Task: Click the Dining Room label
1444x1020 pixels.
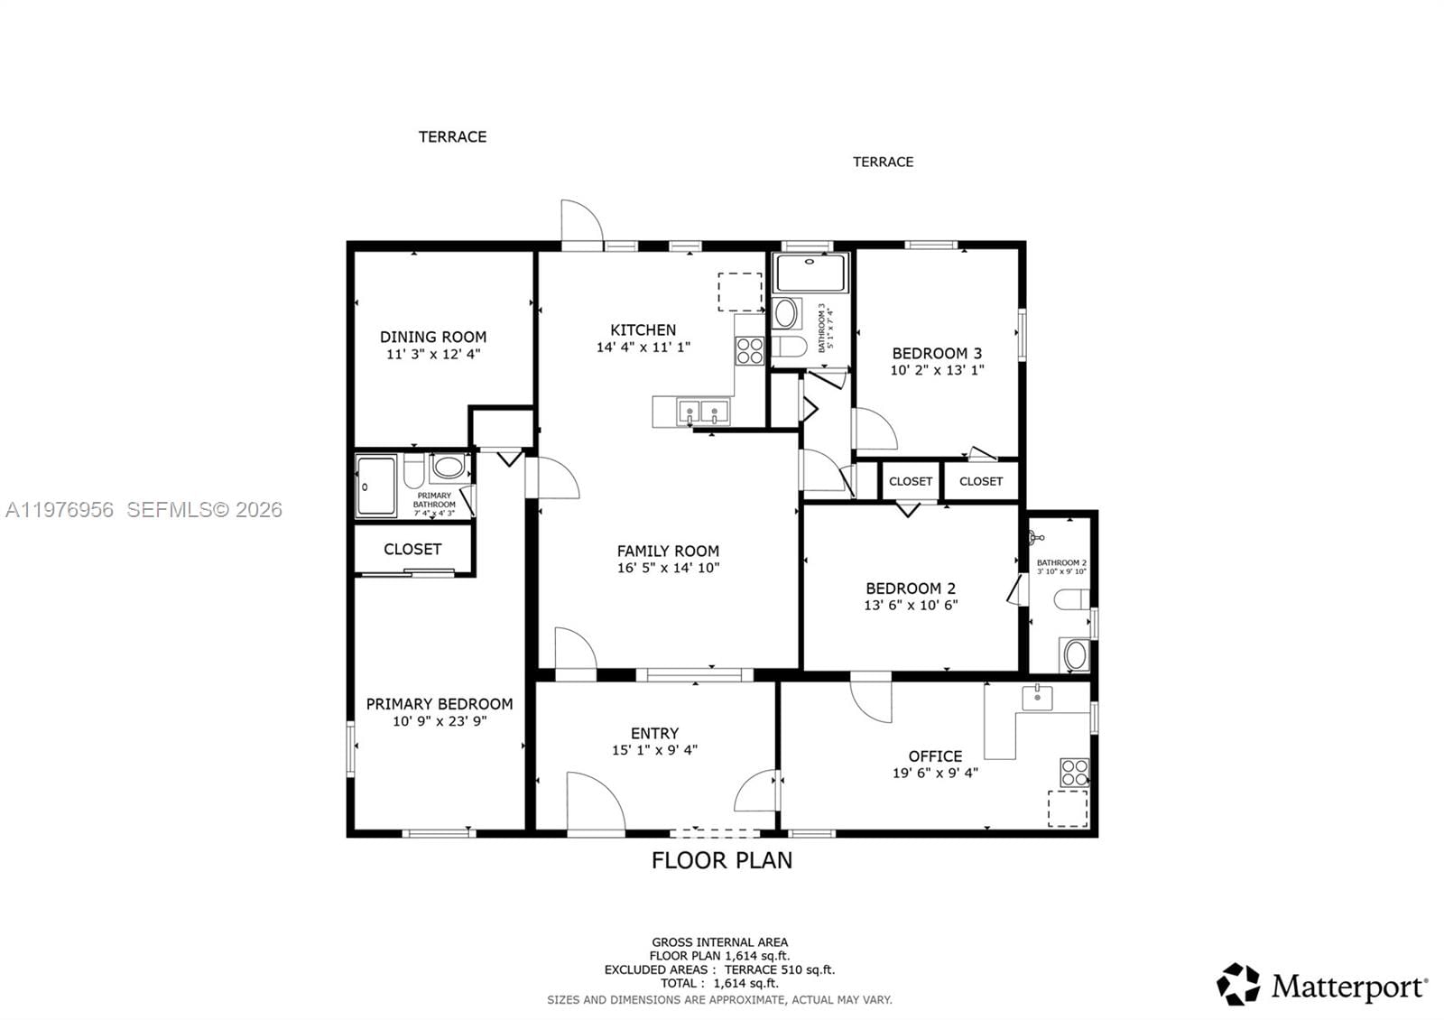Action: click(432, 337)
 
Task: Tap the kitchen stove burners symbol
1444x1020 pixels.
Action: click(749, 350)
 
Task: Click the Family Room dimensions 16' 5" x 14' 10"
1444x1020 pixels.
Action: click(668, 568)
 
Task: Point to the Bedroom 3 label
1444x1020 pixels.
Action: click(937, 353)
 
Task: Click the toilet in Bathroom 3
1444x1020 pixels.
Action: click(791, 348)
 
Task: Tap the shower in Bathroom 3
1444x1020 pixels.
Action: click(810, 273)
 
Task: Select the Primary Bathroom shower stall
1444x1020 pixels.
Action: click(375, 486)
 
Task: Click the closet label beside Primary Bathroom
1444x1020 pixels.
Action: click(412, 549)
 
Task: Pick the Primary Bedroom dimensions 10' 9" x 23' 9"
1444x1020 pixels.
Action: click(440, 721)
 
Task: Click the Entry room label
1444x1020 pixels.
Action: click(654, 733)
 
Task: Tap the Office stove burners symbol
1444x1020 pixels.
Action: click(1074, 773)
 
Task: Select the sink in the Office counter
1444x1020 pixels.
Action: click(1038, 697)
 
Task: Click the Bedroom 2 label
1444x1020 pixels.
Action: click(910, 588)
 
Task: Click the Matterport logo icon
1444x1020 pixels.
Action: click(1238, 985)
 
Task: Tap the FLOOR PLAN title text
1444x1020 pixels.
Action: click(722, 860)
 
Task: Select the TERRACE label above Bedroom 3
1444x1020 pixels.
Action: click(883, 162)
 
